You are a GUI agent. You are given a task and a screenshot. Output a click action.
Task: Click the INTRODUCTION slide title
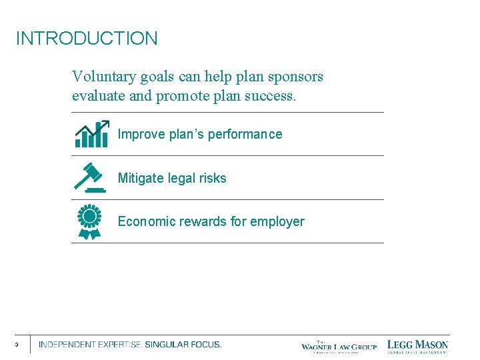(87, 39)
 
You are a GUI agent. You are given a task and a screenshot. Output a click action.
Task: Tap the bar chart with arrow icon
(91, 134)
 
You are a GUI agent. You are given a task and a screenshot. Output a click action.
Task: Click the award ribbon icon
(89, 222)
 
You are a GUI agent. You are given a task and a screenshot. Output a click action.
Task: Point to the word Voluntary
(104, 77)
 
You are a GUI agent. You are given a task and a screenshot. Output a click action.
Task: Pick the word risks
(211, 178)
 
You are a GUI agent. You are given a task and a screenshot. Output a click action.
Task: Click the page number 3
(16, 345)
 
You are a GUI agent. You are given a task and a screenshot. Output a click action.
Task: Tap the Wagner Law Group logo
(339, 345)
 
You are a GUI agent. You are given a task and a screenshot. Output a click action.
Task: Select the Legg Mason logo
(418, 345)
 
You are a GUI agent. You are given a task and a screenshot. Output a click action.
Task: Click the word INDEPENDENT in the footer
(67, 345)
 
